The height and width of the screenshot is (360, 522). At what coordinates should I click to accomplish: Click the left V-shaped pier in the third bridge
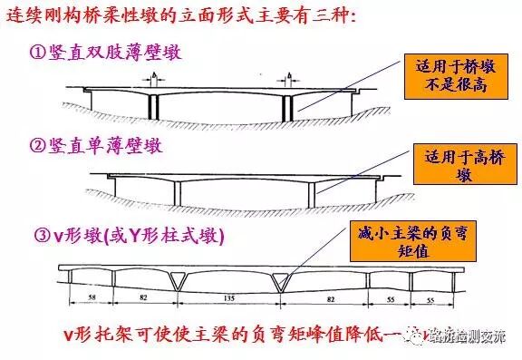[x=178, y=284]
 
